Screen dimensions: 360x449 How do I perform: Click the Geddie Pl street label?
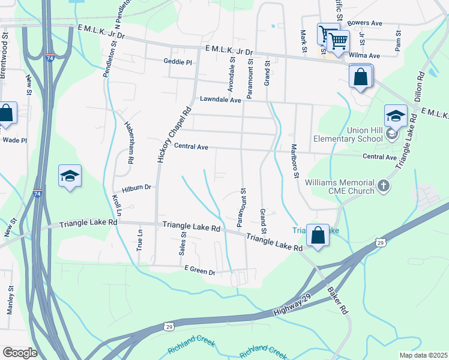pyautogui.click(x=177, y=62)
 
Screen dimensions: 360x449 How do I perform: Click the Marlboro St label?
pyautogui.click(x=295, y=160)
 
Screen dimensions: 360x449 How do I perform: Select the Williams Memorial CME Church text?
pyautogui.click(x=340, y=187)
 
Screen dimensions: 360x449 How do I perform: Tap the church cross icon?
pyautogui.click(x=384, y=187)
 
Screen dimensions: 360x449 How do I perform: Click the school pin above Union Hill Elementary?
pyautogui.click(x=396, y=116)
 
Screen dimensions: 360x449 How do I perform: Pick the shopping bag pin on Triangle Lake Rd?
pyautogui.click(x=318, y=235)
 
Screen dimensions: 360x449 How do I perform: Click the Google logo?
pyautogui.click(x=19, y=353)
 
